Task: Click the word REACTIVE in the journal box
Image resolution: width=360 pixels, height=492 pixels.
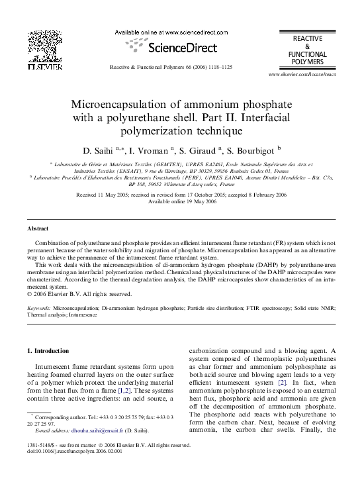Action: [307, 40]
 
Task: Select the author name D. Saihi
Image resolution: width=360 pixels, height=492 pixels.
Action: [97, 150]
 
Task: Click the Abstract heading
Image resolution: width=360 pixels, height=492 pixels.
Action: [37, 228]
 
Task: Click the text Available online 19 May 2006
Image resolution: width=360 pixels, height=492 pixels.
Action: [182, 202]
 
